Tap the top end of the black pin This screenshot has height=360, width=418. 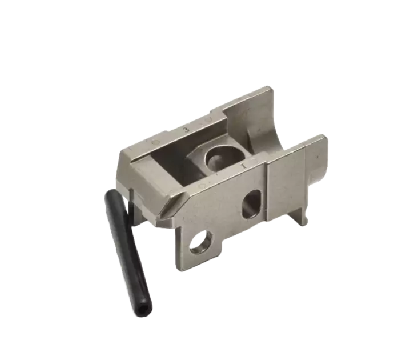pos(108,195)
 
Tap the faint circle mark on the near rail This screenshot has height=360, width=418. pos(200,185)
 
